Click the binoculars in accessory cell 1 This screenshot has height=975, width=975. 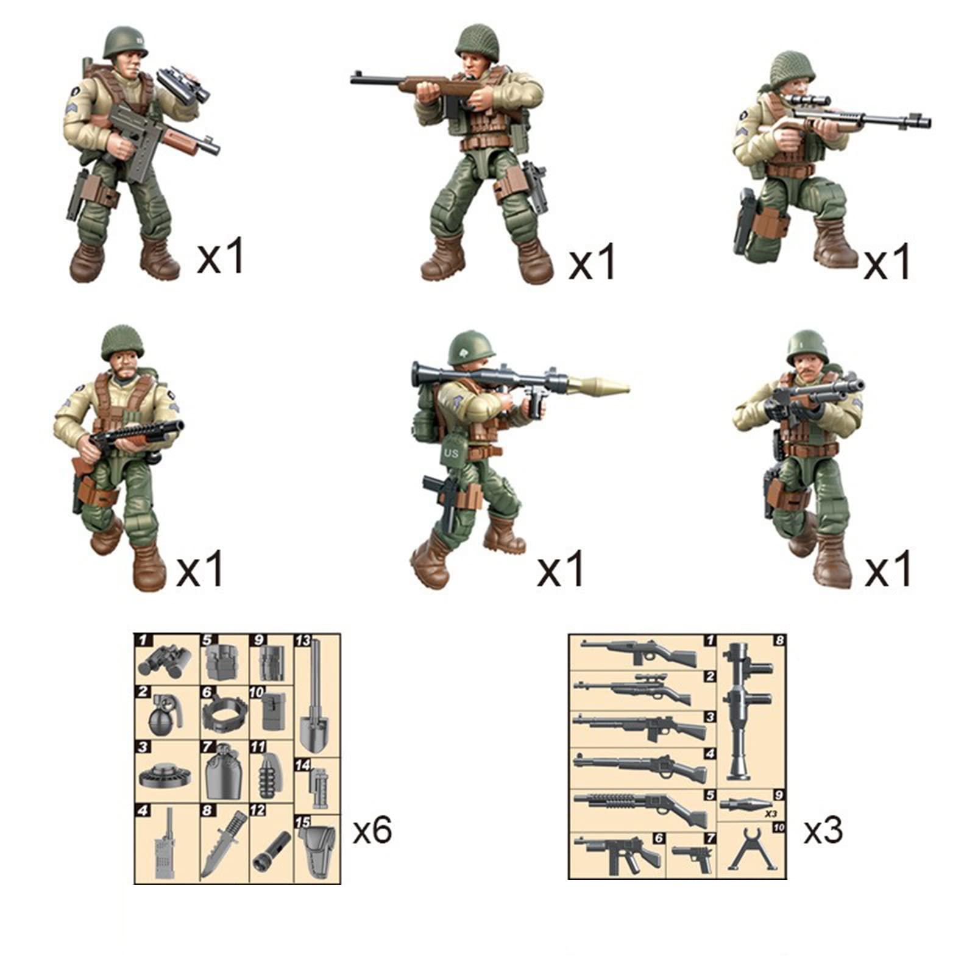coord(163,661)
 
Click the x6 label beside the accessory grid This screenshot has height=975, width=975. coord(372,830)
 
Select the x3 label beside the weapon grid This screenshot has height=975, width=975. coord(823,830)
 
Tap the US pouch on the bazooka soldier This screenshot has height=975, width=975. coord(452,453)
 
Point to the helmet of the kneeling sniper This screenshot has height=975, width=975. coord(792,69)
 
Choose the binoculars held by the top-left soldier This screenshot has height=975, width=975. coord(183,84)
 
